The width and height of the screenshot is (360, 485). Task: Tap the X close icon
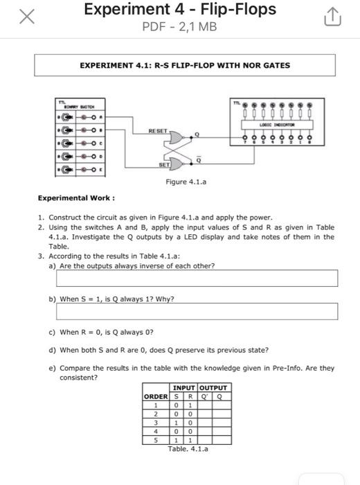26,17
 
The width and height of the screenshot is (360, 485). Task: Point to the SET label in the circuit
164,165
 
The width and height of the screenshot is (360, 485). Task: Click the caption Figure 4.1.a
186,182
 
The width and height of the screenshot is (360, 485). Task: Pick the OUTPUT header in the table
213,387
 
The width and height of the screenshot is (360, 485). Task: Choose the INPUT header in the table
183,387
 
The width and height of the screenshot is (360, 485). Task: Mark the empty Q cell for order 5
221,439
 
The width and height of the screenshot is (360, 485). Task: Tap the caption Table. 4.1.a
188,449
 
